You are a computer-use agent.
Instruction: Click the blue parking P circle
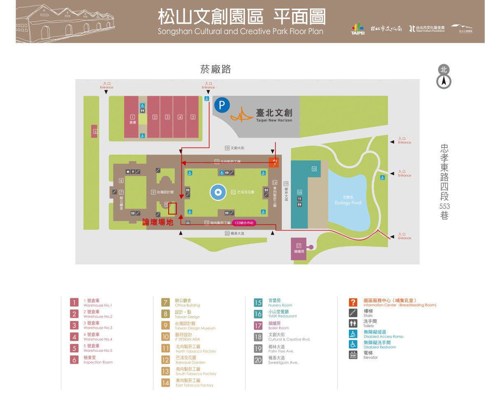click(x=222, y=105)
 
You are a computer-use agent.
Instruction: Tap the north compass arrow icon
click(x=443, y=82)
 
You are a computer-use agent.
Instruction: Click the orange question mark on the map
click(x=274, y=162)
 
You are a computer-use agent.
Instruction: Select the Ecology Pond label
click(x=348, y=203)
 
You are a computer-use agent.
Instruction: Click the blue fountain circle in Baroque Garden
click(x=218, y=192)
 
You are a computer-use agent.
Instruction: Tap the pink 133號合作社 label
click(x=244, y=223)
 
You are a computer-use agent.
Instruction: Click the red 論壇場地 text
click(x=158, y=222)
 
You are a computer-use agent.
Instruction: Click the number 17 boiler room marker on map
click(x=299, y=246)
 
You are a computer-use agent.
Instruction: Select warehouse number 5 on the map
click(x=193, y=117)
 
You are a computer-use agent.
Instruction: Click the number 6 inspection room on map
click(x=95, y=132)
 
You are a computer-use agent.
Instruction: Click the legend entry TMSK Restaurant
click(x=282, y=314)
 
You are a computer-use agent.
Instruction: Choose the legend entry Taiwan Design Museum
click(x=195, y=326)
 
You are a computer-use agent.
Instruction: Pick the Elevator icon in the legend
click(x=353, y=355)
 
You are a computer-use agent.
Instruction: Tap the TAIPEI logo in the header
click(x=357, y=29)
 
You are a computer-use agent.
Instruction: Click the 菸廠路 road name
click(x=215, y=69)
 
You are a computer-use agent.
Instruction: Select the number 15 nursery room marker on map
click(x=314, y=169)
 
